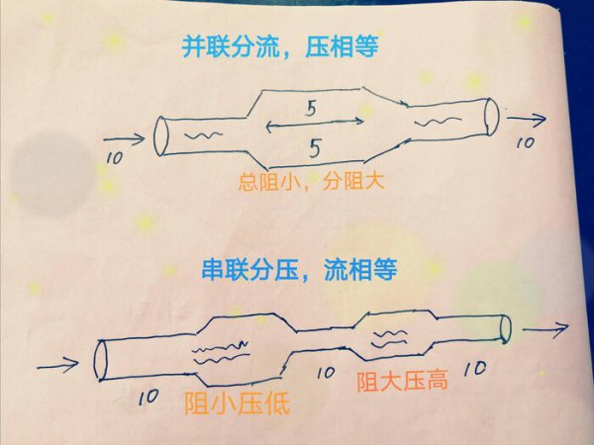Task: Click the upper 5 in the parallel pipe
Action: pos(310,111)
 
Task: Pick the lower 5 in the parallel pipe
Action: pos(315,150)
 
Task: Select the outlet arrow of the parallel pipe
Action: pos(525,121)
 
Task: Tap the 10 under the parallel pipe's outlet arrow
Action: pos(525,143)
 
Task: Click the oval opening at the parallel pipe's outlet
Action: pos(490,116)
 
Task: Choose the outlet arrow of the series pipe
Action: pos(544,328)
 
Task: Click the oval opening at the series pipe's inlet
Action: pos(99,359)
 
